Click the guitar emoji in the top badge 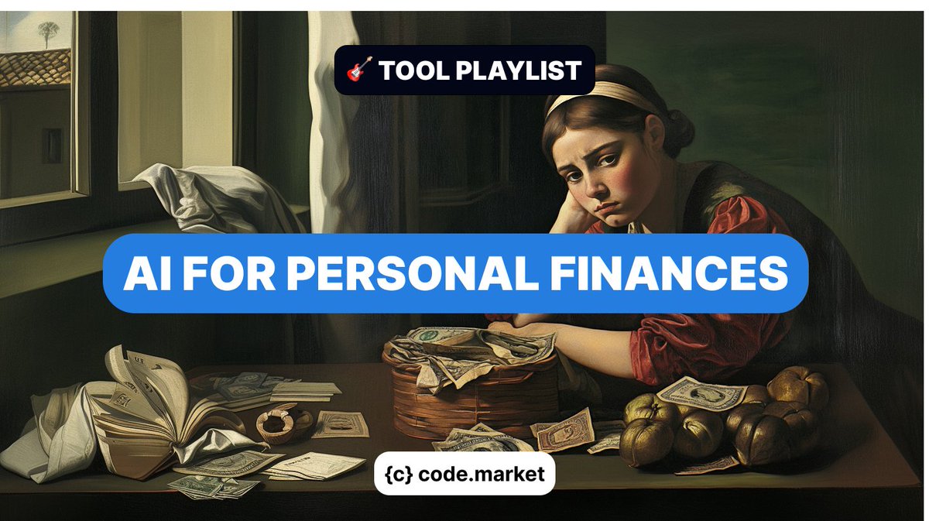point(358,70)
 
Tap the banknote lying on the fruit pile point(700,392)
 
